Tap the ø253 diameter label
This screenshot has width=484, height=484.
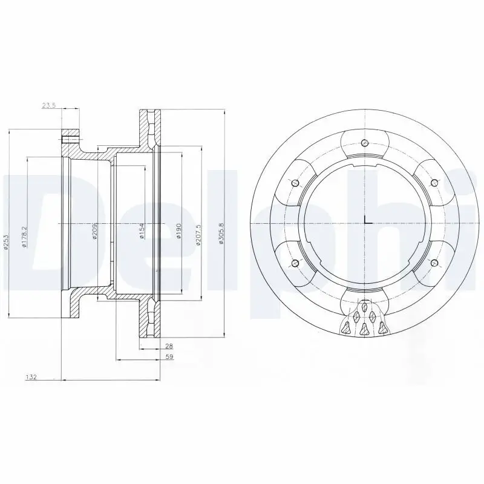pos(5,241)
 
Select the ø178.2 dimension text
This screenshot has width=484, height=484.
pos(24,237)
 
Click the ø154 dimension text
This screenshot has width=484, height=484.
pos(141,231)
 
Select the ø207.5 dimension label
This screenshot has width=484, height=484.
pos(197,235)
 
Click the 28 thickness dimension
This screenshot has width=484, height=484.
pos(169,345)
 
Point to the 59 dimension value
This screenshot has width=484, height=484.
pos(169,358)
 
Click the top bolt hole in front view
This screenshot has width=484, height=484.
pos(364,143)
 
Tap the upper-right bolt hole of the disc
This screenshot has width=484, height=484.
pos(433,183)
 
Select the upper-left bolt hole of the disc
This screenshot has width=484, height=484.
pos(294,183)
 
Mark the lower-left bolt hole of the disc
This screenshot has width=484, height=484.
pos(294,263)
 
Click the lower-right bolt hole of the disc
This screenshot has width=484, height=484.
pos(433,263)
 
